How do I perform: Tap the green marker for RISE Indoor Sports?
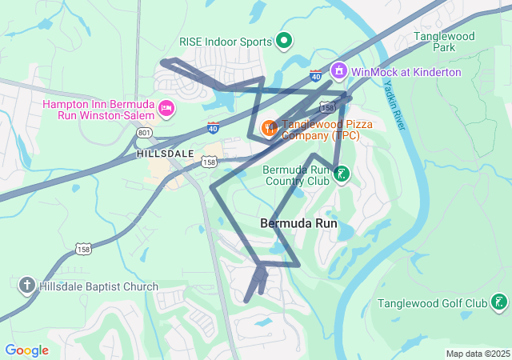point(284,39)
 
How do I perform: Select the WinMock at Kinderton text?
point(406,72)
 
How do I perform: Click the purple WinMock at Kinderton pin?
point(338,71)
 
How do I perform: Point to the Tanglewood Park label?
point(445,42)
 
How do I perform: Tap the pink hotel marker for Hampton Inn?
point(166,108)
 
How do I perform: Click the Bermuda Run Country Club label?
point(296,174)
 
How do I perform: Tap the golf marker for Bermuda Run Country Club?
point(342,174)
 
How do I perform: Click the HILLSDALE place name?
point(165,153)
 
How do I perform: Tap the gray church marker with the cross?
point(26,286)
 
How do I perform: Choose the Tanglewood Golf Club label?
point(432,303)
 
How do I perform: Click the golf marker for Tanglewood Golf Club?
point(499,302)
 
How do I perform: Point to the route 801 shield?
point(144,132)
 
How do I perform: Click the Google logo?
point(26,350)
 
